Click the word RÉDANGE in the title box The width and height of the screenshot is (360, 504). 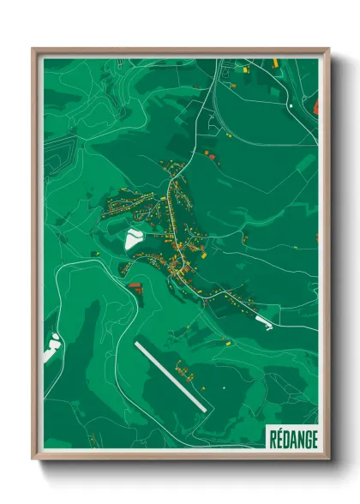coord(292,438)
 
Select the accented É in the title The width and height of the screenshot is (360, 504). coord(280,438)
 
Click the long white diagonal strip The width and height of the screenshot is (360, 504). coord(170,375)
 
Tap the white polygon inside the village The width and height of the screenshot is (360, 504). coord(135,237)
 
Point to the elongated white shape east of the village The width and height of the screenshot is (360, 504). coord(262,321)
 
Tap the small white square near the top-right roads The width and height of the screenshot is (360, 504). coord(291,105)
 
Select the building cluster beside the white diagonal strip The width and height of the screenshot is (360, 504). coord(184,369)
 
